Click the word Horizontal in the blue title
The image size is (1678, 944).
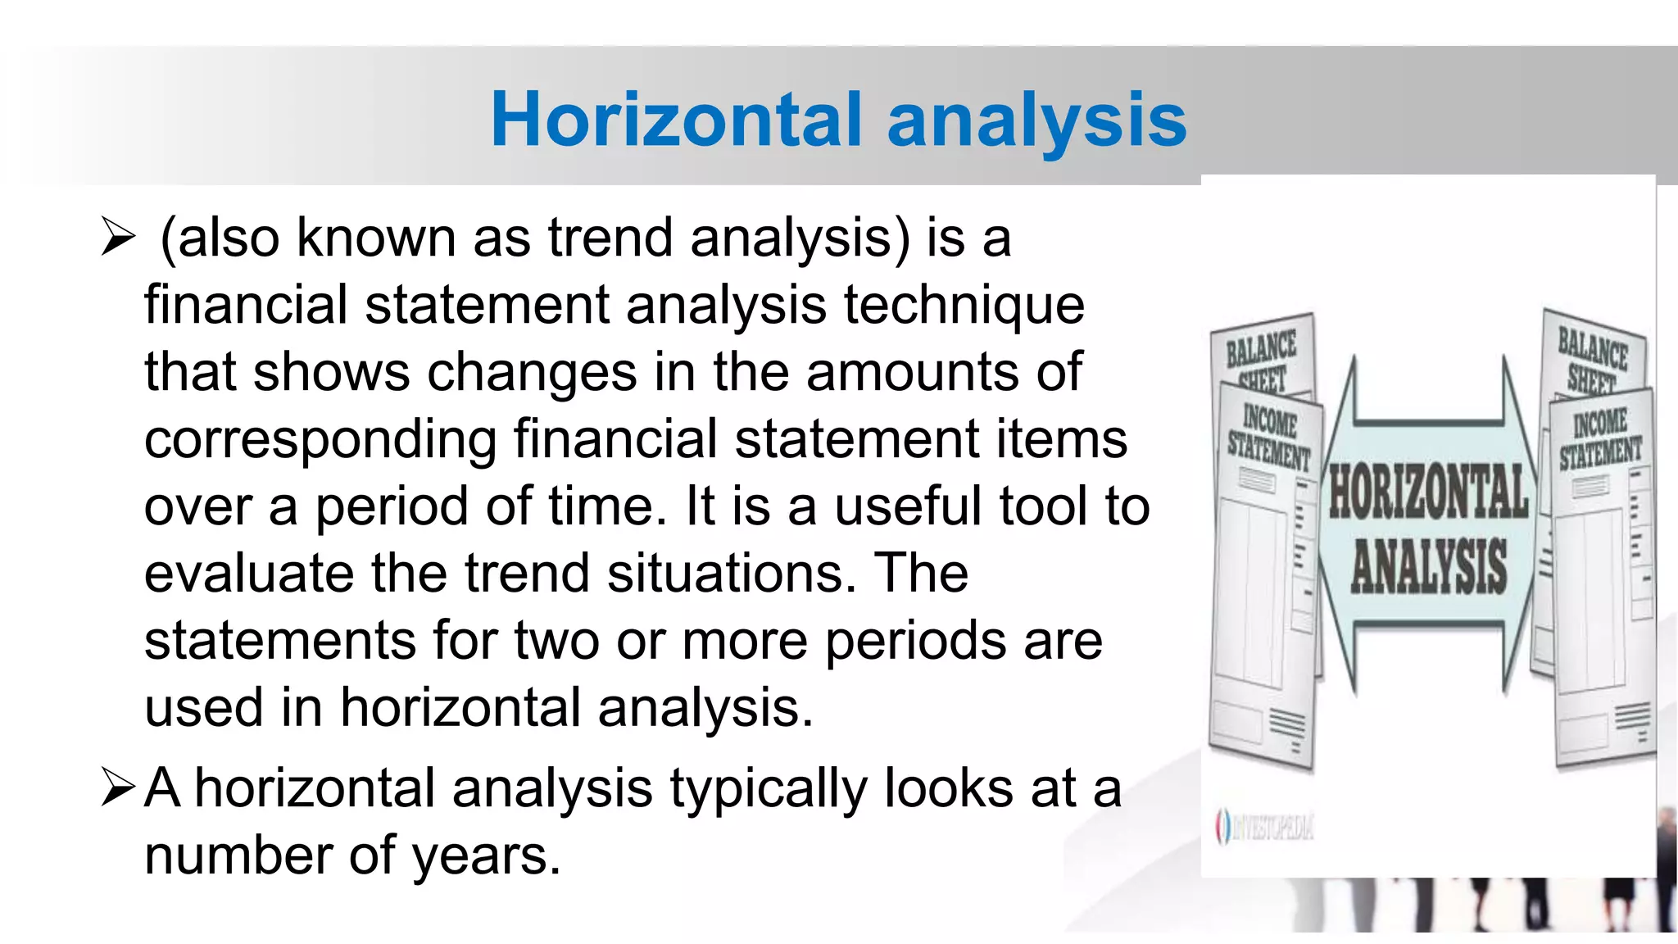coord(677,120)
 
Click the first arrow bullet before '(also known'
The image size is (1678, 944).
coord(118,238)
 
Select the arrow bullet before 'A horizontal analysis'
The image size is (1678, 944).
coord(118,787)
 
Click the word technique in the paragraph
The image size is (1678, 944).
coord(964,306)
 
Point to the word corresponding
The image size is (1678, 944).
coord(320,440)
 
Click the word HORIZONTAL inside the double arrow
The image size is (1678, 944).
coord(1428,492)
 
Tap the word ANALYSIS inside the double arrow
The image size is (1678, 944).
coord(1428,565)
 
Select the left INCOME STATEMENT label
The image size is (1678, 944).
coord(1269,438)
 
